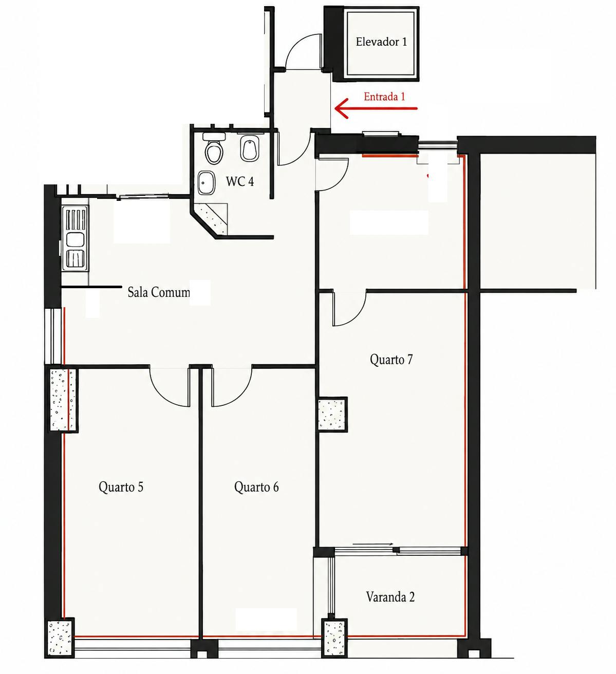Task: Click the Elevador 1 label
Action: (381, 42)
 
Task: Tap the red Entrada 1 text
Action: (384, 97)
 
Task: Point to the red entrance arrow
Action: (376, 108)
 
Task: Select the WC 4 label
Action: (239, 181)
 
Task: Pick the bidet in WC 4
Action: (250, 148)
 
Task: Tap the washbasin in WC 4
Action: (207, 183)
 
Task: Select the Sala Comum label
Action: (159, 292)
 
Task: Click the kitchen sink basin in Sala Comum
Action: (76, 239)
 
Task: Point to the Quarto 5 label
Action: (121, 487)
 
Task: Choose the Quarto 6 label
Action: (256, 487)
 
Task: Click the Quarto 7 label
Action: (391, 360)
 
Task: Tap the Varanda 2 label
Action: (390, 597)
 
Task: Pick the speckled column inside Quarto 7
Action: (332, 414)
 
